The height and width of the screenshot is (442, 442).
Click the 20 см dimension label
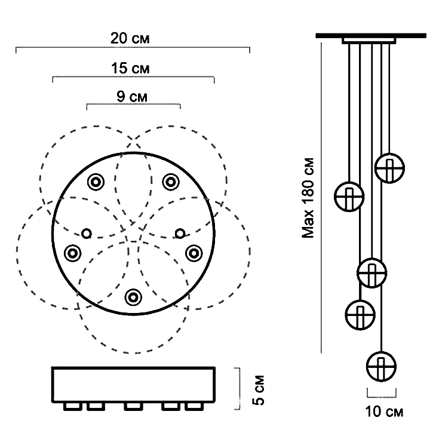coord(130,38)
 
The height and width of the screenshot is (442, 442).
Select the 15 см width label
coord(130,68)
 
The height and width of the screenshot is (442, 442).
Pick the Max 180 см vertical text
coord(308,198)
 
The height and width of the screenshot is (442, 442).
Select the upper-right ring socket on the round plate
coord(171,181)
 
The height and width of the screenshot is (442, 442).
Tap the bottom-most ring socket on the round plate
coord(133,296)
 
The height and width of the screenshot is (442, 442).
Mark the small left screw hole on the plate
coord(87,233)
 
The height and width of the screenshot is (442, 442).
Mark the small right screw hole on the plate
coord(180,233)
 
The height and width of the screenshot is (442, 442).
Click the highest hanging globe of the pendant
coord(389,168)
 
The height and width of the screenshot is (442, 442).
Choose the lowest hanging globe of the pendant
coord(381,366)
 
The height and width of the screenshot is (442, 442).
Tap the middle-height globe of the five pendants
coord(372,273)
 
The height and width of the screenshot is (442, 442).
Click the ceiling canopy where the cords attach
coord(369,40)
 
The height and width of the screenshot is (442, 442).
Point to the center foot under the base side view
coord(133,407)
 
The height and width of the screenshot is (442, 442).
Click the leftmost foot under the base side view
coord(72,407)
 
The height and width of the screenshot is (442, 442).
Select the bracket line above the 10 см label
coord(381,393)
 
